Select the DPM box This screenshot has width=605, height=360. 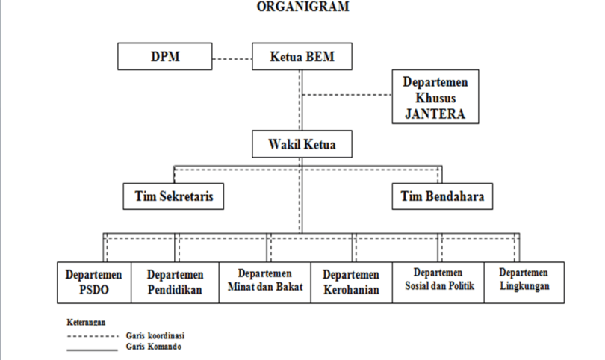165,56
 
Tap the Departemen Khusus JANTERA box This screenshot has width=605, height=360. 435,96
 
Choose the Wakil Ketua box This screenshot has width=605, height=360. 301,144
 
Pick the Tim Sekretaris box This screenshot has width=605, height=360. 173,196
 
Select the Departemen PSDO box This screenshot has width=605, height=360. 95,282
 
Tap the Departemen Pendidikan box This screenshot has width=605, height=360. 176,282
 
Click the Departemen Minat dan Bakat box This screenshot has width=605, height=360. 264,282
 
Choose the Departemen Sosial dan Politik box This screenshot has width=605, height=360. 438,282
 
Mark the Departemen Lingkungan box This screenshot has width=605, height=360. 523,282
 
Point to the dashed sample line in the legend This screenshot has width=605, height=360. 91,337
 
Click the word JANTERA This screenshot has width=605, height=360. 435,113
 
